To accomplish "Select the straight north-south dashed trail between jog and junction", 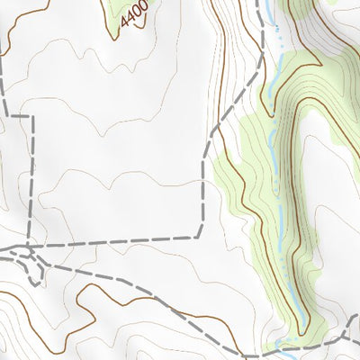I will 33,180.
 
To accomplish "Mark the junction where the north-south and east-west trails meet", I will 32,243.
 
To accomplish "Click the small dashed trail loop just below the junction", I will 36,265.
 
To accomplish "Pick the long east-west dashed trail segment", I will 117,239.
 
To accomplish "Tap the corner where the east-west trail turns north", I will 200,237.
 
